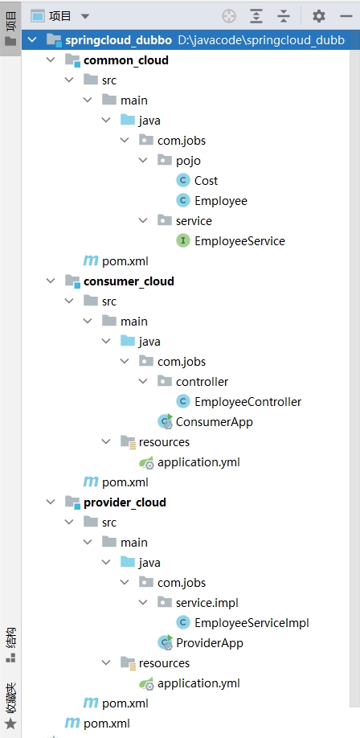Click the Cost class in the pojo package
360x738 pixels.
206,181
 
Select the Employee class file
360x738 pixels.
221,201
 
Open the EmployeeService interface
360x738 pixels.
239,241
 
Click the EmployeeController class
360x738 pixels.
247,401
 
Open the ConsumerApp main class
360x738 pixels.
214,422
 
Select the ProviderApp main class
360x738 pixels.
210,643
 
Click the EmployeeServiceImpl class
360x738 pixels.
252,623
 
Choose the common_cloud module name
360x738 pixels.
125,60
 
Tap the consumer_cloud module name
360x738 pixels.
129,281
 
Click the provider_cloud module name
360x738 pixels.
125,502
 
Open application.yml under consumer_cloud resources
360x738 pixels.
198,462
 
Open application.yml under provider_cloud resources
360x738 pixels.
198,683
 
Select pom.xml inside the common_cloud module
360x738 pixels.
125,260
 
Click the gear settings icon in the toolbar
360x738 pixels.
318,16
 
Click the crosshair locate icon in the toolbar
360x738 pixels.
229,16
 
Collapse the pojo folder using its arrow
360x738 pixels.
143,161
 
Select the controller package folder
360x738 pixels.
202,382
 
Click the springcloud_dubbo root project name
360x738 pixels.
118,40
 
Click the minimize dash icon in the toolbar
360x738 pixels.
346,16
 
